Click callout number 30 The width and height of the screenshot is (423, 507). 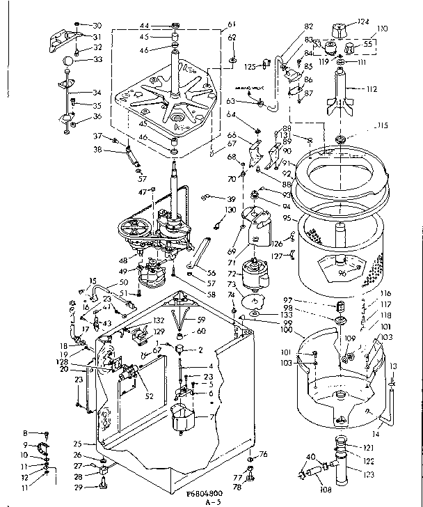pyautogui.click(x=97, y=24)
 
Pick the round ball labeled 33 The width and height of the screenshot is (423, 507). pyautogui.click(x=67, y=61)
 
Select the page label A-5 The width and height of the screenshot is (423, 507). pyautogui.click(x=207, y=501)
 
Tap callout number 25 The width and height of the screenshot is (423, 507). pyautogui.click(x=79, y=443)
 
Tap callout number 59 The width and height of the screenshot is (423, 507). pyautogui.click(x=201, y=320)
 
